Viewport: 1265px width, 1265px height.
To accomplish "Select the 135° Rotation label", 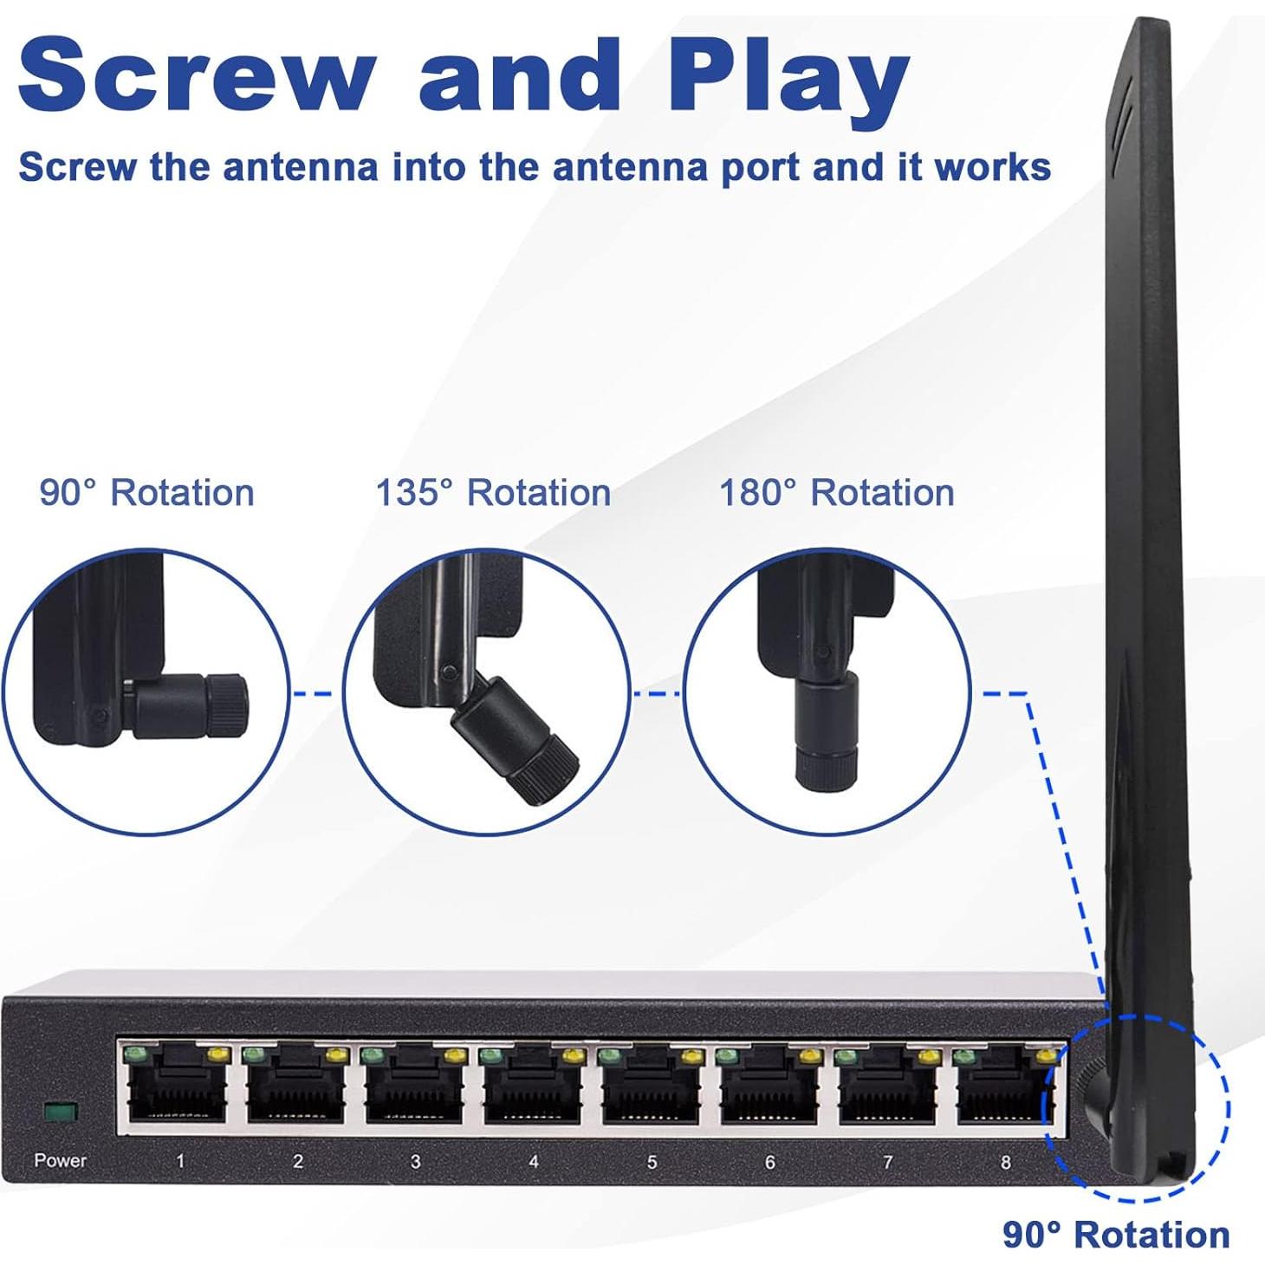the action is (492, 492).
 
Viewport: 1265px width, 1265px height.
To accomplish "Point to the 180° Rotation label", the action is (837, 492).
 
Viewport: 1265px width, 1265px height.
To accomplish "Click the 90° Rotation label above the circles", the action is (147, 492).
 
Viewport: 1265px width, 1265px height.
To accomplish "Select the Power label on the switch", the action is (61, 1160).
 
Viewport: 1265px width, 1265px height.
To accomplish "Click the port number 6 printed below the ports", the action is (770, 1162).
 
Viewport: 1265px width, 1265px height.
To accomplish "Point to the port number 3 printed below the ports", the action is (415, 1162).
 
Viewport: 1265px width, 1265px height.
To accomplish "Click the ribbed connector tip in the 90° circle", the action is (226, 704).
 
